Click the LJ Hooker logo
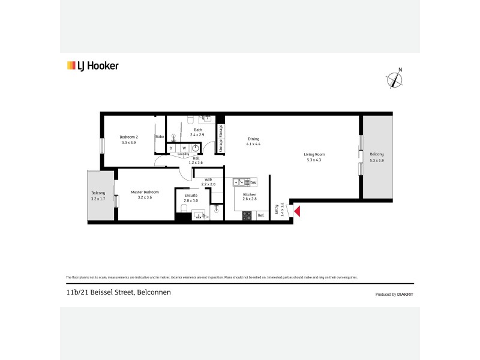tap(92, 66)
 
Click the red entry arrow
tap(296, 211)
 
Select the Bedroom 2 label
tap(129, 137)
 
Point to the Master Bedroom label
tap(145, 192)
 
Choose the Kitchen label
tap(250, 195)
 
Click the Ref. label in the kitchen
tap(260, 215)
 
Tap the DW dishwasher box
tap(253, 182)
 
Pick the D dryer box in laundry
tap(171, 148)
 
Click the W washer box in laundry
tap(184, 148)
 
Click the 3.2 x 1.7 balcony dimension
tap(98, 197)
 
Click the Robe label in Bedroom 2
tap(160, 137)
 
